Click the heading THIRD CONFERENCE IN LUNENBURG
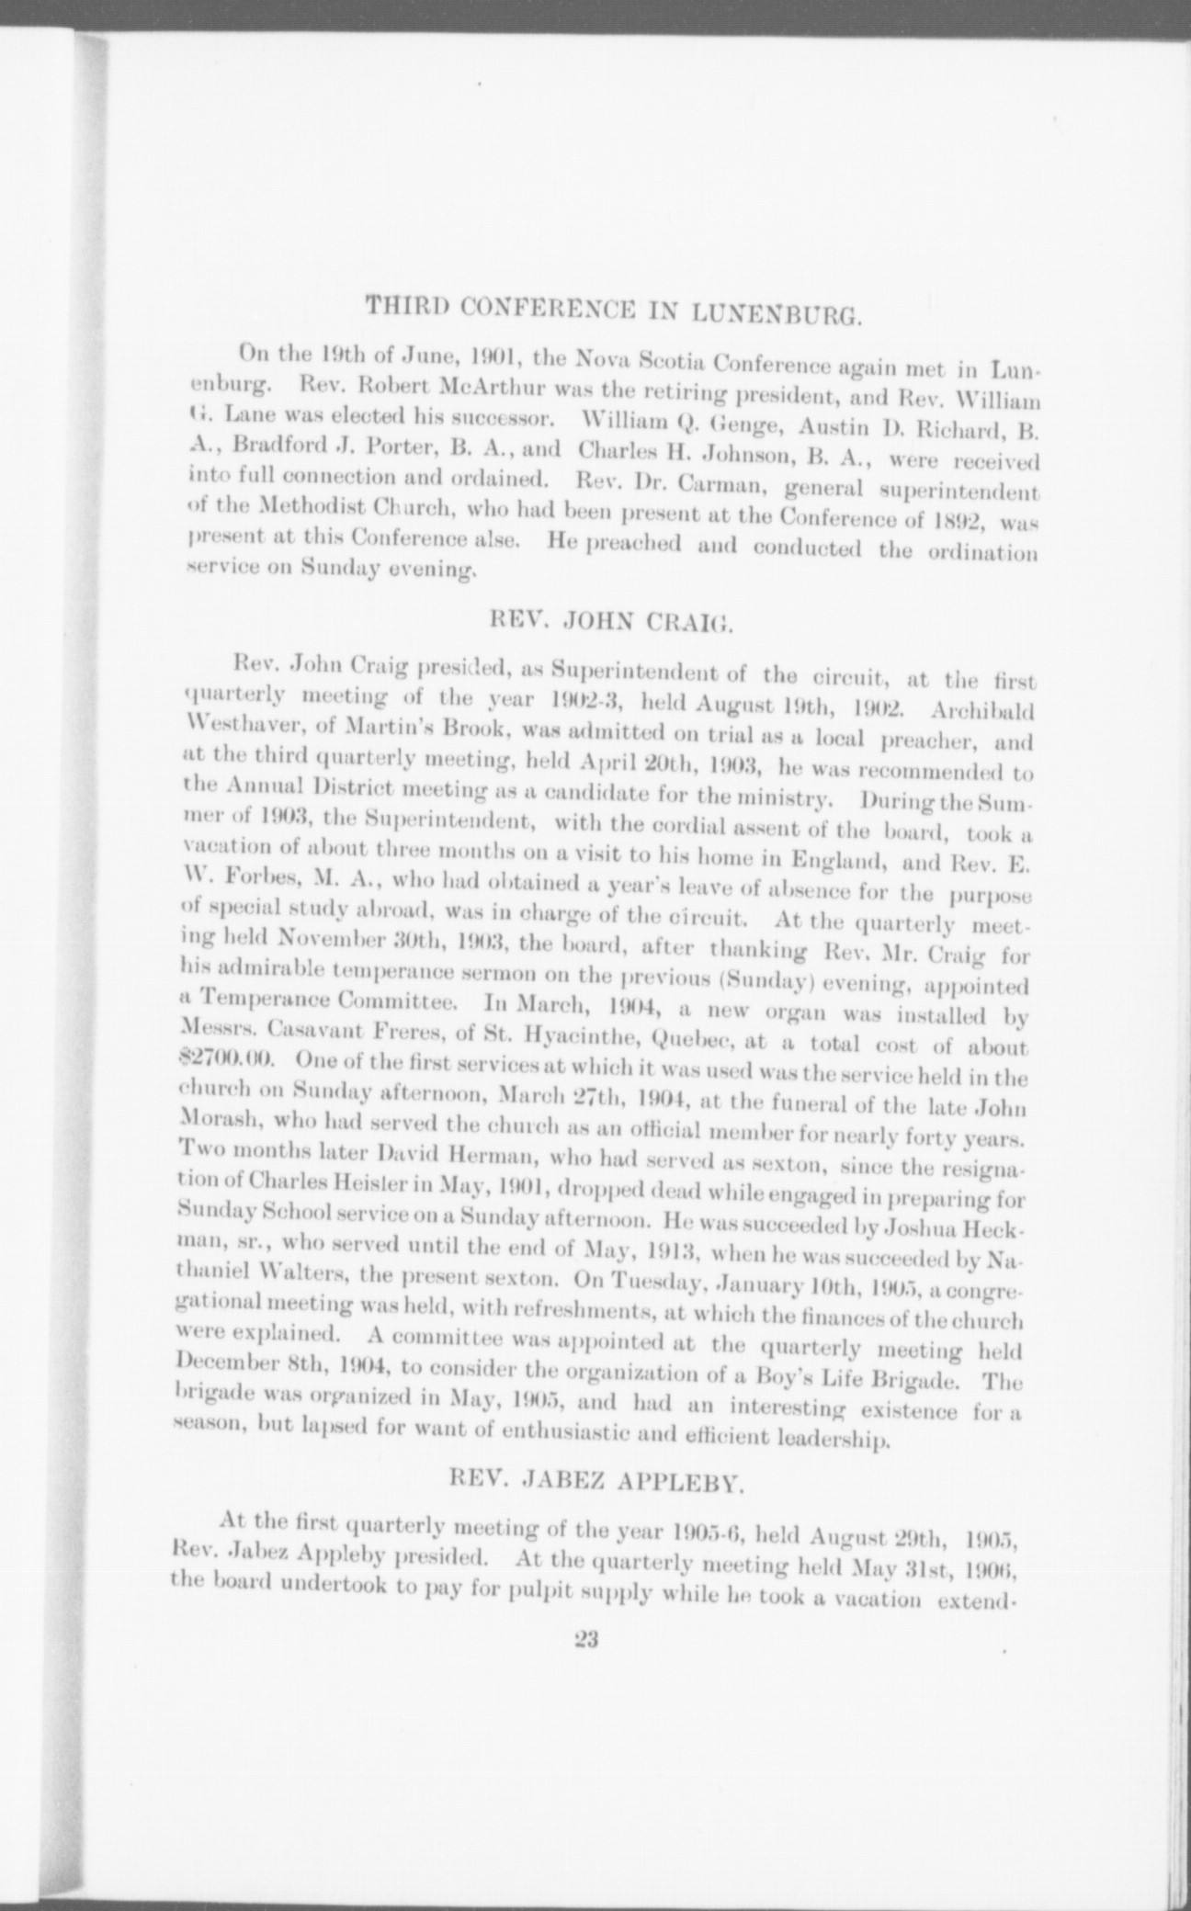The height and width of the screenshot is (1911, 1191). coord(613,310)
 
